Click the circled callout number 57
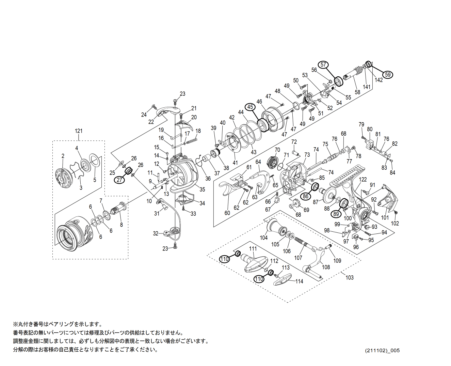[x=323, y=64]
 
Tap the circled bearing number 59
[x=387, y=74]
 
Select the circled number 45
[x=250, y=107]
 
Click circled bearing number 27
[x=119, y=180]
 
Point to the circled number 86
[x=306, y=196]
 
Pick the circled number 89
[x=336, y=214]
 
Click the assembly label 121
[x=79, y=131]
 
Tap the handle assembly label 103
[x=350, y=277]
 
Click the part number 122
[x=363, y=180]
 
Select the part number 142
[x=379, y=80]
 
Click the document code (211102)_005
[x=383, y=350]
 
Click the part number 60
[x=227, y=213]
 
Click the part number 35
[x=202, y=190]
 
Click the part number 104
[x=264, y=238]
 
